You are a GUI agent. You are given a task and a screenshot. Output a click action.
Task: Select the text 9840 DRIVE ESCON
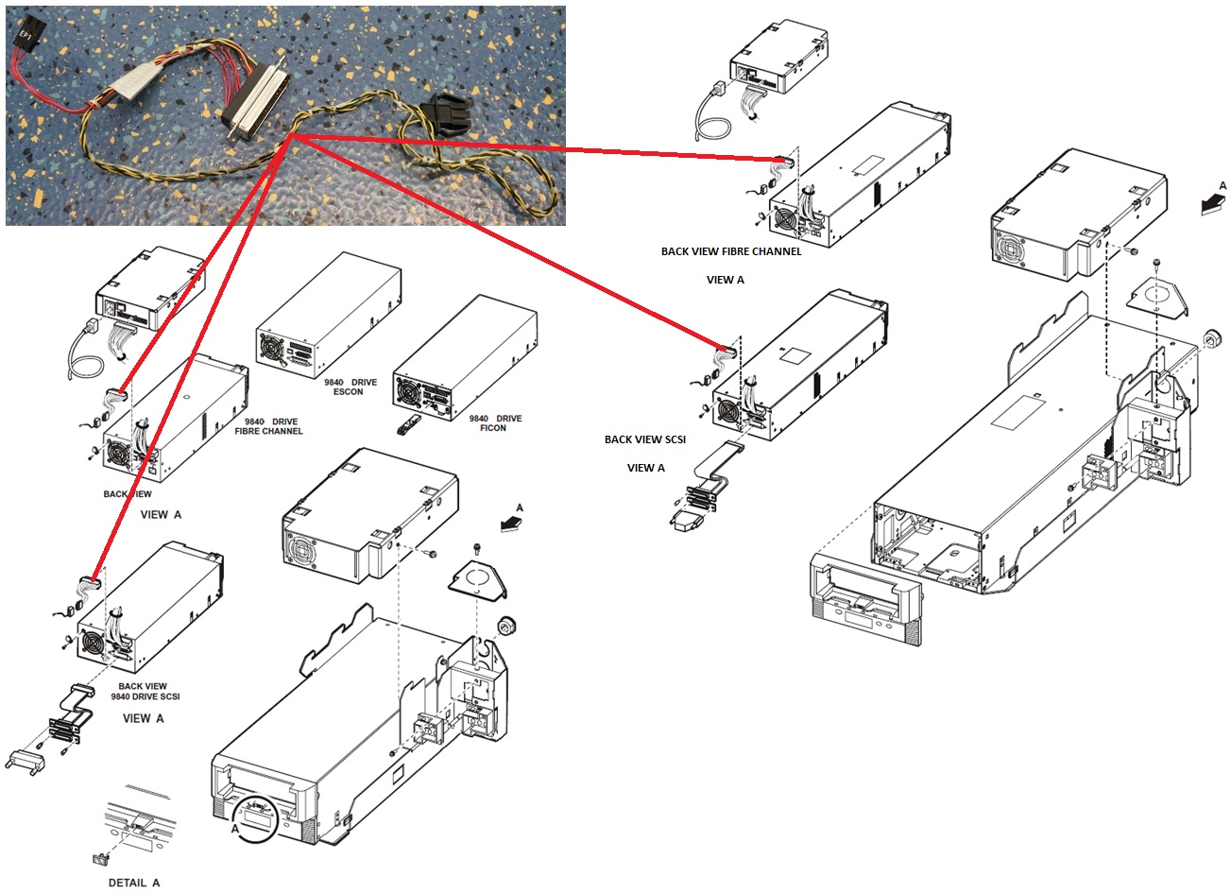[x=349, y=387]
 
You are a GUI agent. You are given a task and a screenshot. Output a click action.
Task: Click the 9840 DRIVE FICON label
[x=494, y=422]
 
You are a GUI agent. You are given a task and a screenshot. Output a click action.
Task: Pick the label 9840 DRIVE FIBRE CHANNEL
[x=268, y=425]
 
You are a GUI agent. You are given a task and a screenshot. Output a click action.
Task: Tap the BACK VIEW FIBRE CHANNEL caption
[x=730, y=251]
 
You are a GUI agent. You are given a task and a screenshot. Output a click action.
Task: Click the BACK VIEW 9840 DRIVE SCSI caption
[x=144, y=692]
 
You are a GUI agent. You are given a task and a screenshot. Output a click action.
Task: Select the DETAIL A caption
[x=133, y=882]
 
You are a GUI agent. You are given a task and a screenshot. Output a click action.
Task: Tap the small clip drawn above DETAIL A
[x=99, y=859]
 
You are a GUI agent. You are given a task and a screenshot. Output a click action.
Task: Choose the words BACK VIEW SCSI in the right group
[x=645, y=439]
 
